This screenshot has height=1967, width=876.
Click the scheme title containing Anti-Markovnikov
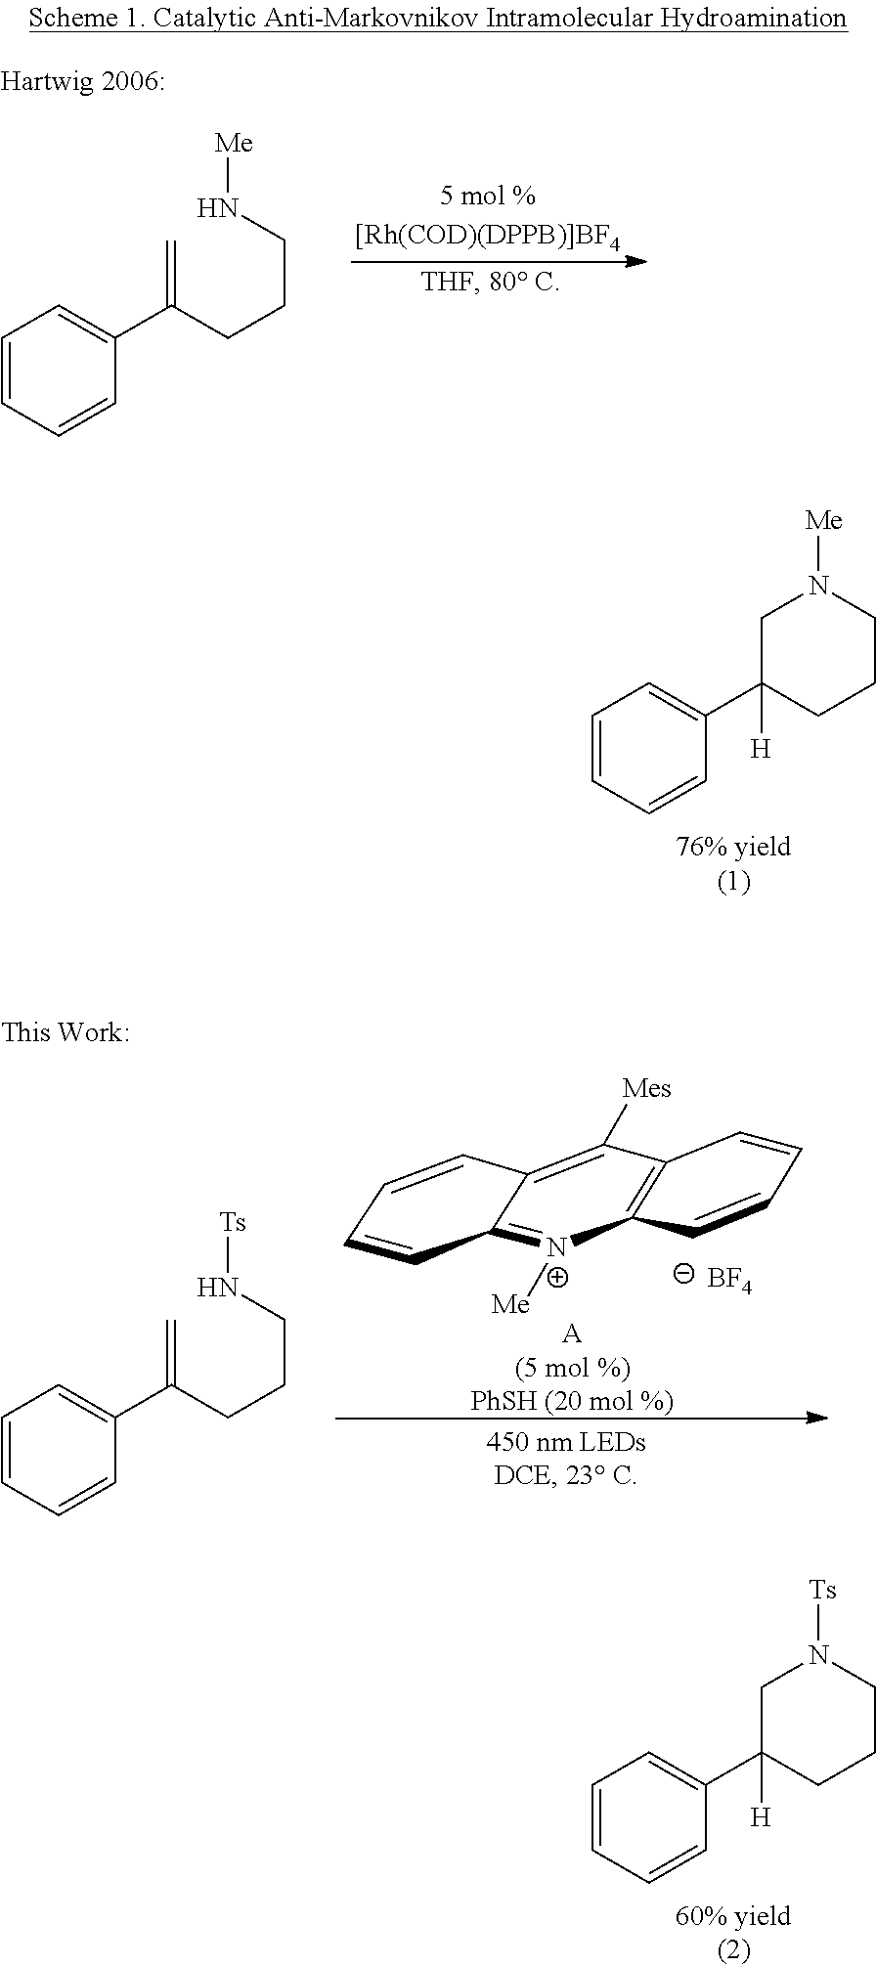click(438, 18)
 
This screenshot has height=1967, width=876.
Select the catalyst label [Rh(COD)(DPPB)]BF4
click(487, 236)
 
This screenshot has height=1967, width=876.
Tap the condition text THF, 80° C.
click(490, 284)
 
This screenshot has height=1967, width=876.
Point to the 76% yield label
click(733, 846)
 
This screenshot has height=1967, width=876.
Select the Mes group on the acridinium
click(647, 1088)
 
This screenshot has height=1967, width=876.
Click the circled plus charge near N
click(557, 1277)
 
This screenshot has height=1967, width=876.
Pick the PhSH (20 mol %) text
click(572, 1401)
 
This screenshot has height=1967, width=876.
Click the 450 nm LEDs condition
click(566, 1441)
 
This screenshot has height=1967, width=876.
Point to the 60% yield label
click(733, 1916)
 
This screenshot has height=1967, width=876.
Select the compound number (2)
click(733, 1950)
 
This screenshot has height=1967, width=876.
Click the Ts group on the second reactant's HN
click(232, 1222)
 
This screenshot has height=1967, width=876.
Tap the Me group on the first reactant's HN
click(234, 143)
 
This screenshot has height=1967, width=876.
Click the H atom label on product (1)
click(761, 750)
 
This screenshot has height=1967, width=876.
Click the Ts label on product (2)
click(823, 1590)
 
